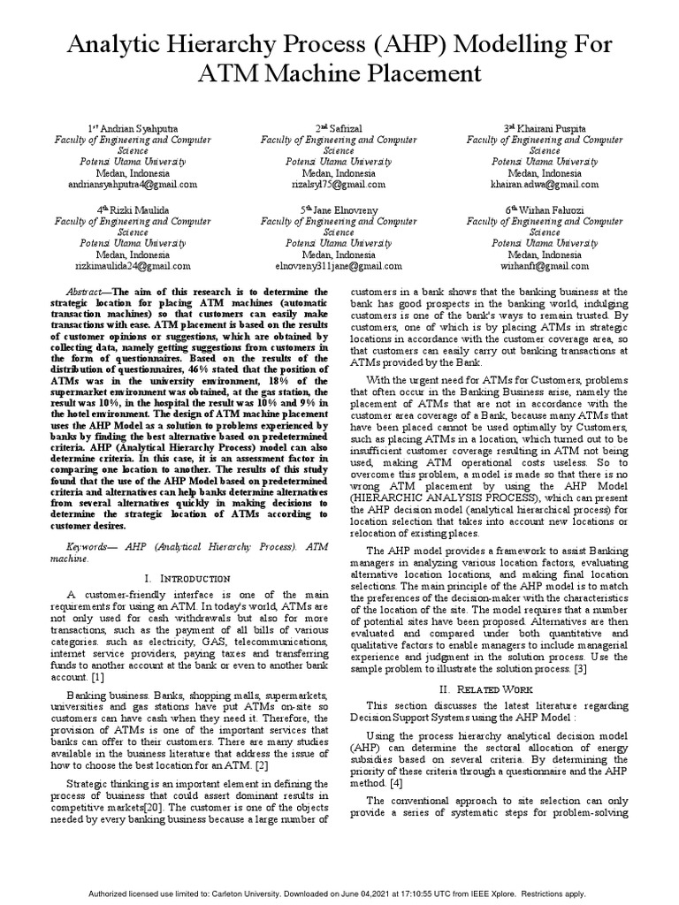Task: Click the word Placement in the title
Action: pyautogui.click(x=413, y=72)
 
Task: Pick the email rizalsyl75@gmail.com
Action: pyautogui.click(x=339, y=185)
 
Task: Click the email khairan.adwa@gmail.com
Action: pyautogui.click(x=545, y=185)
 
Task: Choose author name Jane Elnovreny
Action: pyautogui.click(x=344, y=209)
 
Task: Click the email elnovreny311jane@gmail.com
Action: pyautogui.click(x=339, y=265)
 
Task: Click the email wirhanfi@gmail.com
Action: pyautogui.click(x=545, y=265)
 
